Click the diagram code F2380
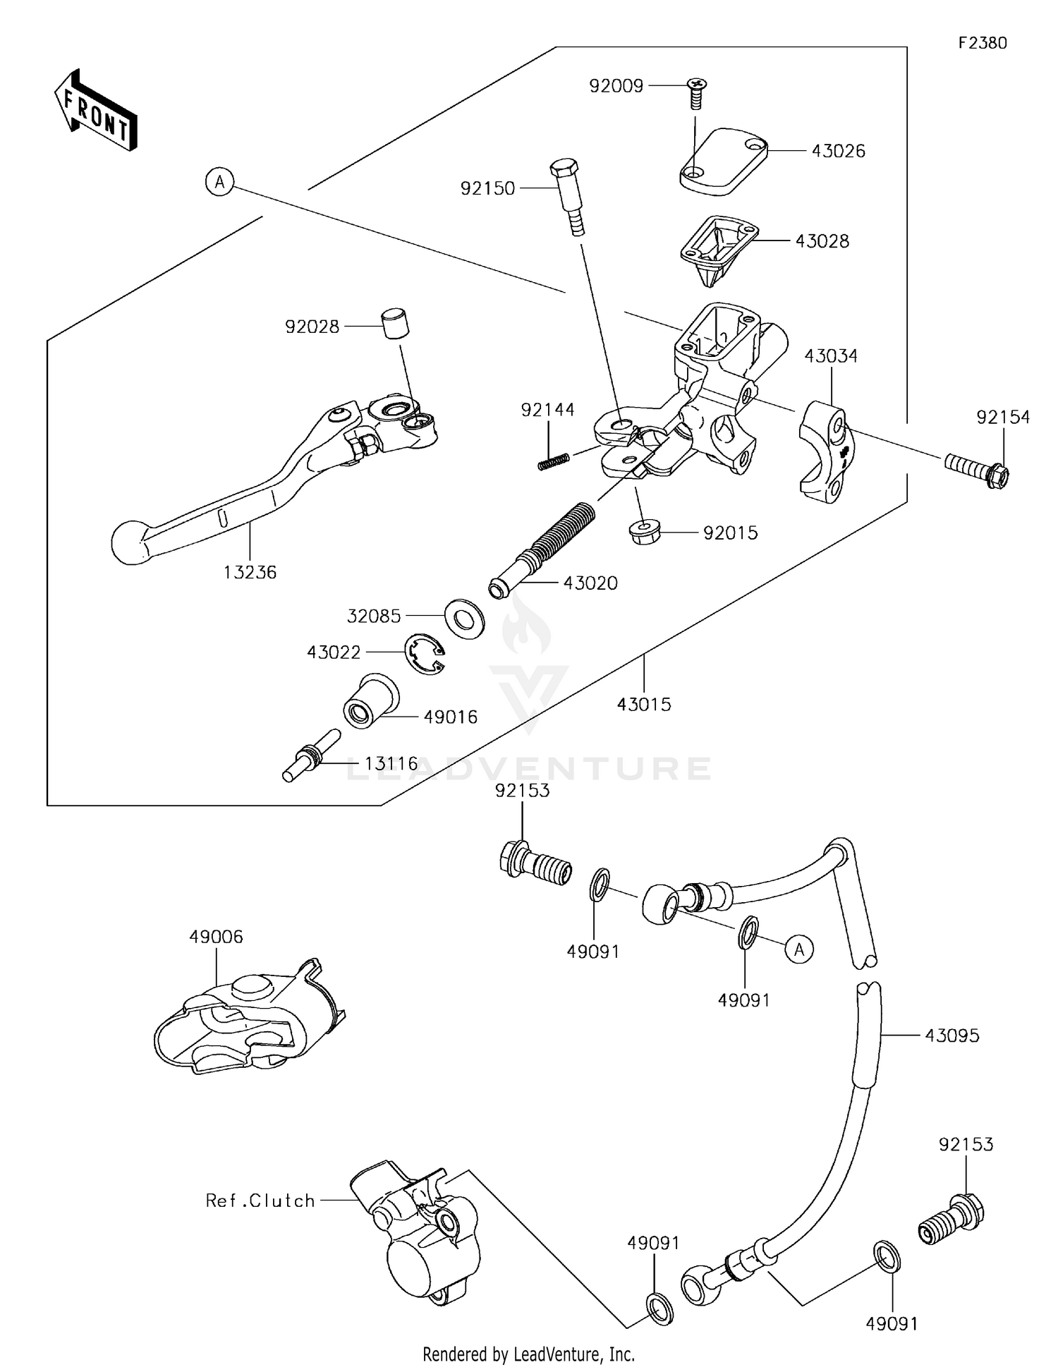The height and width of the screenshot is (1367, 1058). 983,43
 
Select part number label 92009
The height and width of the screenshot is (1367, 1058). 616,86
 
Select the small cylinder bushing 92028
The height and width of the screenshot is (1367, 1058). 396,324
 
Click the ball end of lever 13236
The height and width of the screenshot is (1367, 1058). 131,542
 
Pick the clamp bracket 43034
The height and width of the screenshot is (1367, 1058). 825,451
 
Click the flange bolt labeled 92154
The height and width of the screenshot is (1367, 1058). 978,470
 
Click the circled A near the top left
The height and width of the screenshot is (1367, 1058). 220,183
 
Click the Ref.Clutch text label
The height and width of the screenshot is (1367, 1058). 260,1201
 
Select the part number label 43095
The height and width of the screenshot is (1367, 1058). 951,1035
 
